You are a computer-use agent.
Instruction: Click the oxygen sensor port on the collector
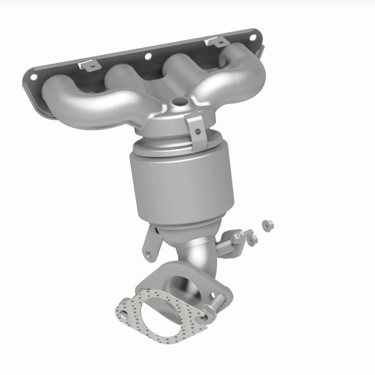click(178, 101)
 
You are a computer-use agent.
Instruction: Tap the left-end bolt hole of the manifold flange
click(34, 75)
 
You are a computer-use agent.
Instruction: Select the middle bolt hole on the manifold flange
click(148, 56)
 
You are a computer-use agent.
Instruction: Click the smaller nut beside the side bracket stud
click(253, 240)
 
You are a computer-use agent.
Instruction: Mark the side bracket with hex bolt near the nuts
click(232, 241)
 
